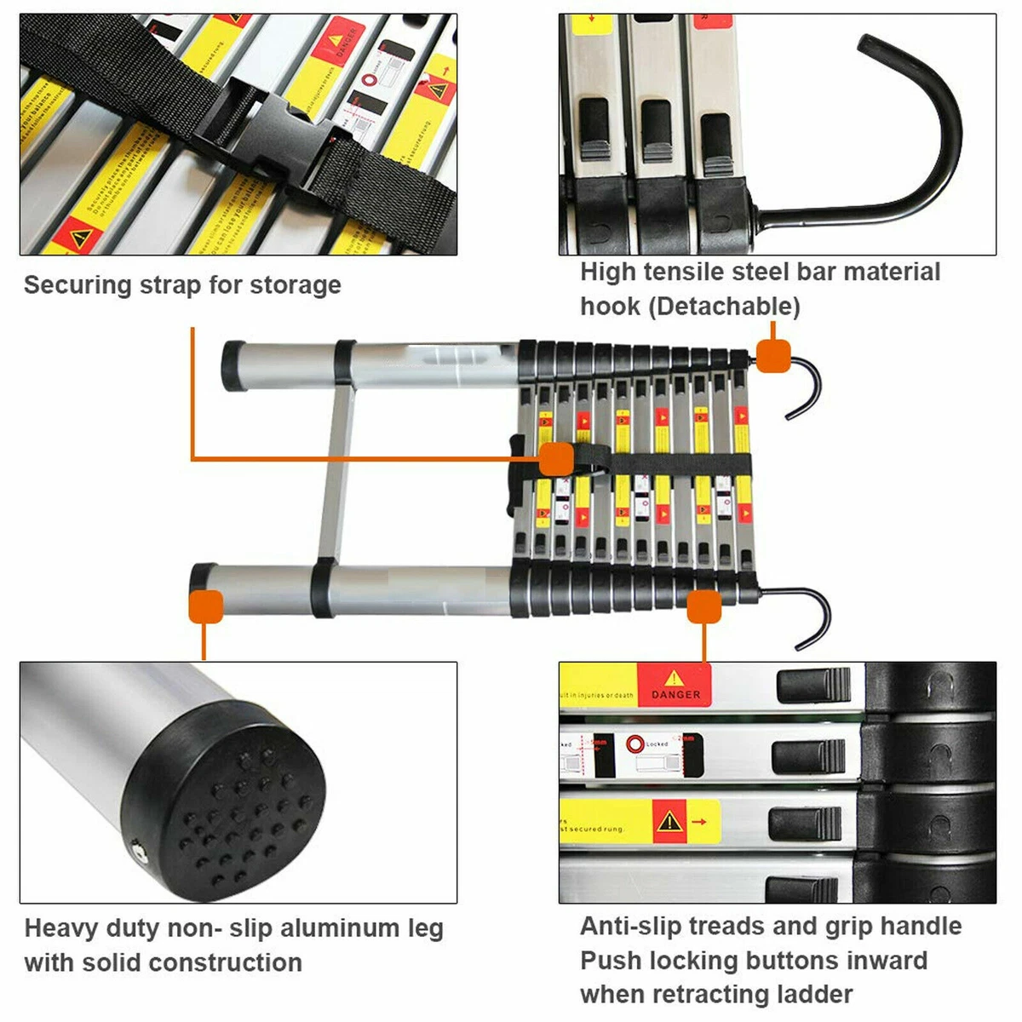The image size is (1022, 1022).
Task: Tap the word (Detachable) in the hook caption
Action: (725, 307)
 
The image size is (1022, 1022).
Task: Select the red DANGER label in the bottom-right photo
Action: (675, 686)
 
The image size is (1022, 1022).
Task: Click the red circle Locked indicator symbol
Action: (634, 744)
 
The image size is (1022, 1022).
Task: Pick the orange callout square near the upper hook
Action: (773, 355)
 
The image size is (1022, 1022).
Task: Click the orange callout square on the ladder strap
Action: (557, 459)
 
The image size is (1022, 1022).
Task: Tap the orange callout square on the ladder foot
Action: (205, 606)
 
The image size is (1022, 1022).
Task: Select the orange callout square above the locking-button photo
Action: (704, 607)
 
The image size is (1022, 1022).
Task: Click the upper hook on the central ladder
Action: (805, 388)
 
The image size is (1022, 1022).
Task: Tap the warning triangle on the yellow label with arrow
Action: (670, 821)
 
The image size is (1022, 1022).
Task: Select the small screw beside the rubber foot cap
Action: (137, 848)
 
